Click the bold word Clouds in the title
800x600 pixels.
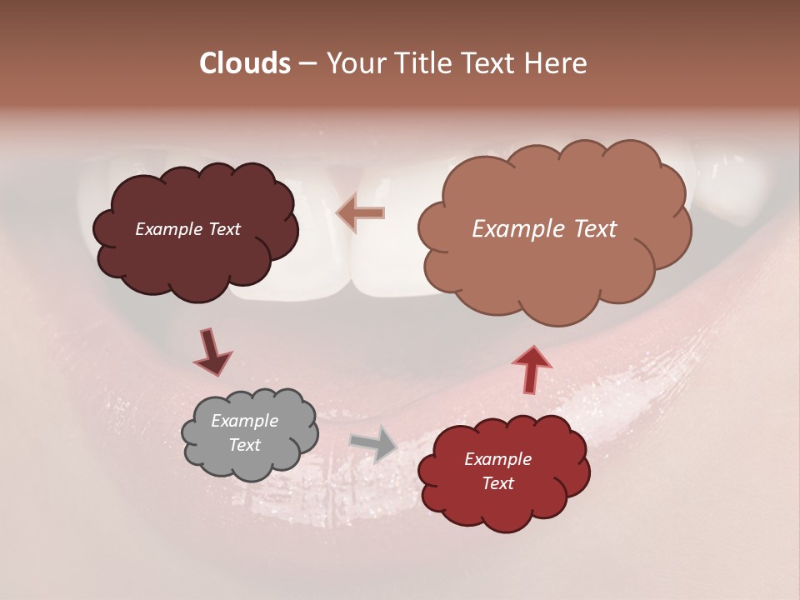tap(244, 63)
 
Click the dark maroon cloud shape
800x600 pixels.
tap(195, 258)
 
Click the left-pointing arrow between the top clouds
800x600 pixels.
tap(360, 213)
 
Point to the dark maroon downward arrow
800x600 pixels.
tap(212, 352)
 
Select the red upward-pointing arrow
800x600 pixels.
tap(531, 370)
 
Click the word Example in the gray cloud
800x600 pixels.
tap(244, 422)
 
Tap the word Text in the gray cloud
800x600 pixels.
tap(244, 445)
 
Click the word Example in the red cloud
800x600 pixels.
tap(497, 459)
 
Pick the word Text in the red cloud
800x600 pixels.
tap(497, 483)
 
